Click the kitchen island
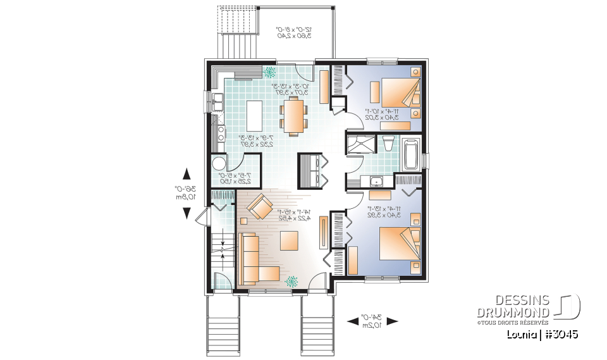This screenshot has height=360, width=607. coord(254,114)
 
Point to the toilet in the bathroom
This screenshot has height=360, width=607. coord(389,144)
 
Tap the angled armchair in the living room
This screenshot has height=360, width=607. coord(259,207)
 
